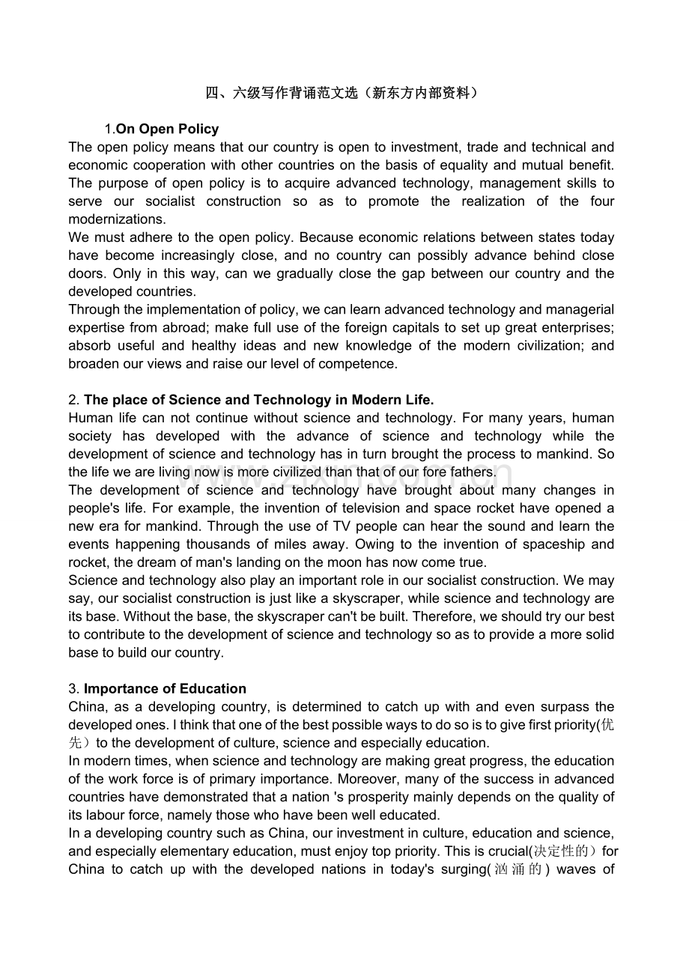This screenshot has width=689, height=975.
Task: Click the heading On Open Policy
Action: click(x=168, y=129)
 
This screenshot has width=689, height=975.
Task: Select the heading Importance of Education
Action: click(x=165, y=688)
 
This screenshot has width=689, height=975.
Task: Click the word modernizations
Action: click(x=117, y=219)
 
